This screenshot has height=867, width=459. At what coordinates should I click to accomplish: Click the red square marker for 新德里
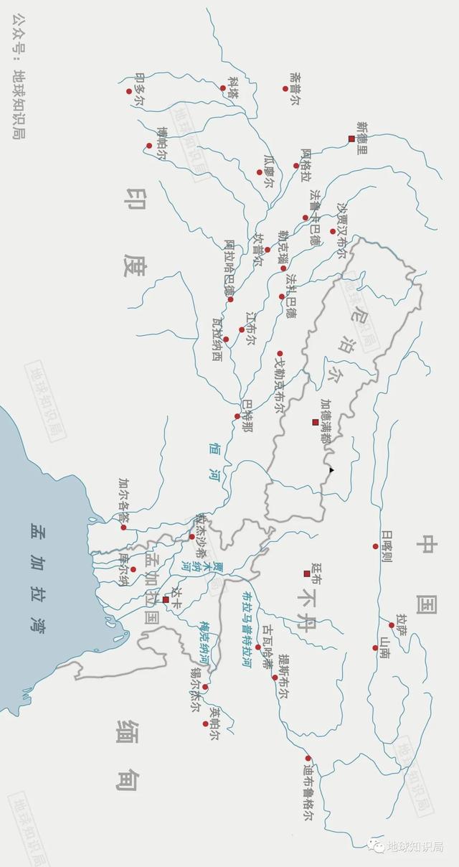[x=351, y=139]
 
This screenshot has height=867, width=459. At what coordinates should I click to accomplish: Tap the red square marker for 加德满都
[x=315, y=422]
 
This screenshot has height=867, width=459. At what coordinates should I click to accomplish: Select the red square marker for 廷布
[x=307, y=573]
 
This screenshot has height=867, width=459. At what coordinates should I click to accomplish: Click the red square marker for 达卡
[x=166, y=599]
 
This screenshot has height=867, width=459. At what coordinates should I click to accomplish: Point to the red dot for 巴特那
[x=237, y=416]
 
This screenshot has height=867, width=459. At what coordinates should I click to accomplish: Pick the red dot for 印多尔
[x=129, y=91]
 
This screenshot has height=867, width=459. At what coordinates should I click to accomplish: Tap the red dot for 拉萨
[x=392, y=625]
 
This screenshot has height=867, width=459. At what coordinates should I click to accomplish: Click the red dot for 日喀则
[x=375, y=546]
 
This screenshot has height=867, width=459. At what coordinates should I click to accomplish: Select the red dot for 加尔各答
[x=123, y=528]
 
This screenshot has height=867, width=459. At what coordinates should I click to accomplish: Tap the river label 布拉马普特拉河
[x=246, y=629]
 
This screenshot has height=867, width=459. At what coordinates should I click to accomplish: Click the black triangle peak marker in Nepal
[x=331, y=470]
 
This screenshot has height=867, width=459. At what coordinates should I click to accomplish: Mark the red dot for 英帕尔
[x=205, y=723]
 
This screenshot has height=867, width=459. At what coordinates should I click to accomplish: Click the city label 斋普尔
[x=293, y=88]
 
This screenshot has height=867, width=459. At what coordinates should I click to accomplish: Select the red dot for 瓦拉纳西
[x=226, y=339]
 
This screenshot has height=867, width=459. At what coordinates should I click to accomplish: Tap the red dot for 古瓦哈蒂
[x=258, y=647]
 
